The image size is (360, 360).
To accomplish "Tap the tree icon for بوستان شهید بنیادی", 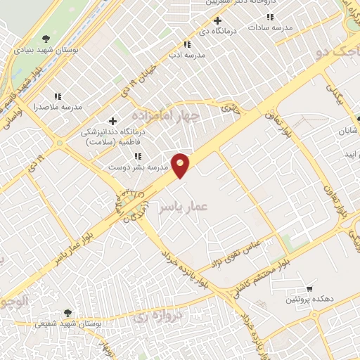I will pos(46,39).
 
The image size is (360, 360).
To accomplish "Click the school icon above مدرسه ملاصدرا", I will pos(58,96).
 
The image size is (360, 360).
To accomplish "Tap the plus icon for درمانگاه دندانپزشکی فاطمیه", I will pos(112,122).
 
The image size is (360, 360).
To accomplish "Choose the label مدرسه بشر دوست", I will pos(136,167).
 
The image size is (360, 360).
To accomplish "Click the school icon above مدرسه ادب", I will pos(186,44).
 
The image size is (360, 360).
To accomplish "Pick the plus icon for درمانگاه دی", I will pos(218,20).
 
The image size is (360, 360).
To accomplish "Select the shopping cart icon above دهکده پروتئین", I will pos(309,289).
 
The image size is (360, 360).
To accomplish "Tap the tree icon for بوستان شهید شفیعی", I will pos(67,313).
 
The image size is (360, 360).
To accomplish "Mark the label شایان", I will pos(349,131).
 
